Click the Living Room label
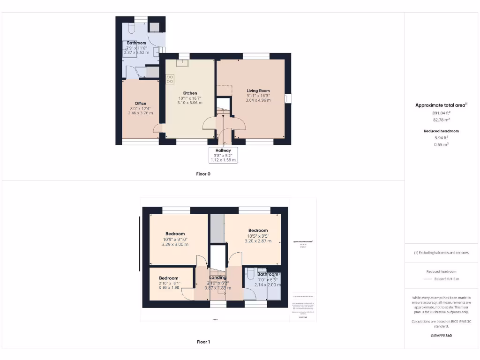(x=258, y=91)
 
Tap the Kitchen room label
(x=190, y=93)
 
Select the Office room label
(x=141, y=104)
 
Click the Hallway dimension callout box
(x=224, y=155)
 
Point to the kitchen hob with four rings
(x=170, y=79)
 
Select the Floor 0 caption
(x=203, y=174)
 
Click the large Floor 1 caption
(x=203, y=342)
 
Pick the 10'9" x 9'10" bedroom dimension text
(x=175, y=239)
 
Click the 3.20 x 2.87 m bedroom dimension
(x=258, y=241)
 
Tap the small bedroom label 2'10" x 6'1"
(x=168, y=283)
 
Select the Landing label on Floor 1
(x=218, y=277)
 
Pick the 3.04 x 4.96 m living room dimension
(x=258, y=100)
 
